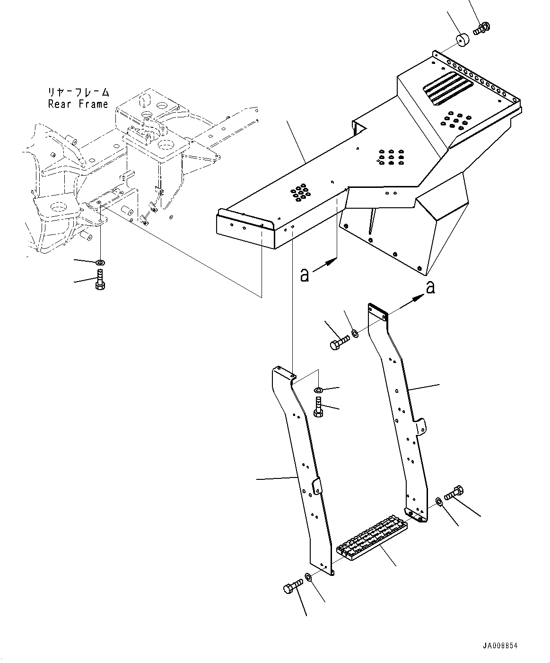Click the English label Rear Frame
[78, 104]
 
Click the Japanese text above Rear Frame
[79, 92]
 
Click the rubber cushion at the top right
[463, 40]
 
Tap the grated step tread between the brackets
[372, 537]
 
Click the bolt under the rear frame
[100, 279]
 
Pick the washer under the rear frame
[101, 262]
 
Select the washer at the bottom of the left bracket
[307, 577]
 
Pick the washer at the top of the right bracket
[355, 334]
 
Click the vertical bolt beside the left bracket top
[318, 407]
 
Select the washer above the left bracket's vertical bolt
[318, 390]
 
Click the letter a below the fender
[305, 274]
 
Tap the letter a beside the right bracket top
[430, 288]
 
